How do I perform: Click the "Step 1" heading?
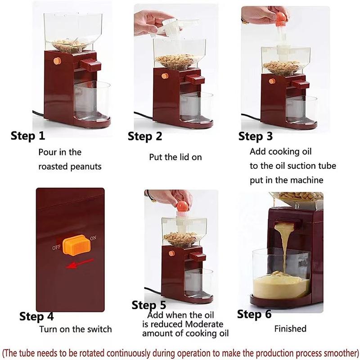28,135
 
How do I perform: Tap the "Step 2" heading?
145,136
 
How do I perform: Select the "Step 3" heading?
256,136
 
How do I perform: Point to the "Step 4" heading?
36,316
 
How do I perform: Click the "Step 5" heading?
149,306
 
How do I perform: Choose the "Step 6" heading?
254,314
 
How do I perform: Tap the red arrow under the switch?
80,264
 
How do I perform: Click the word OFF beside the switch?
56,248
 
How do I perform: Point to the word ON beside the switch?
93,238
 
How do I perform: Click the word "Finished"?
290,329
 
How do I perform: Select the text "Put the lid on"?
175,157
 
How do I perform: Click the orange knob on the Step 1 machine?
57,61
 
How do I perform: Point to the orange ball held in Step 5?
182,206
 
